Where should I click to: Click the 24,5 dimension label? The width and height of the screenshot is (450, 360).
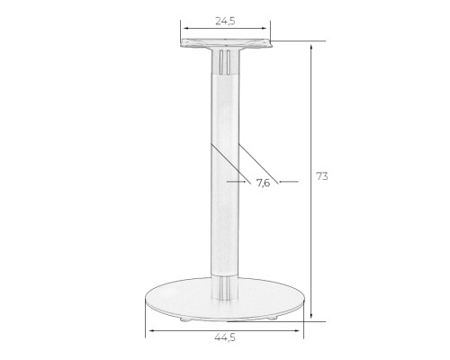[x=225, y=21]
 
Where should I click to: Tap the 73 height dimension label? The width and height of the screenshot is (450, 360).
[x=322, y=176]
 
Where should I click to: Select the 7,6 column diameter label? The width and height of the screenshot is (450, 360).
[x=263, y=183]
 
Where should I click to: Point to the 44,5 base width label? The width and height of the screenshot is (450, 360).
[x=225, y=337]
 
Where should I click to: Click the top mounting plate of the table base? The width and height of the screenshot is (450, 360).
[x=226, y=44]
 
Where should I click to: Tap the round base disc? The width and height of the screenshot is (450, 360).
[x=225, y=300]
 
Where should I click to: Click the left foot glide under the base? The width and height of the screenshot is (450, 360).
[x=184, y=319]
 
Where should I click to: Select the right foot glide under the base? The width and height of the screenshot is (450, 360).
[x=273, y=318]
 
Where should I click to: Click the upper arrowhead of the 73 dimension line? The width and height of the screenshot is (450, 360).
[x=311, y=47]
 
